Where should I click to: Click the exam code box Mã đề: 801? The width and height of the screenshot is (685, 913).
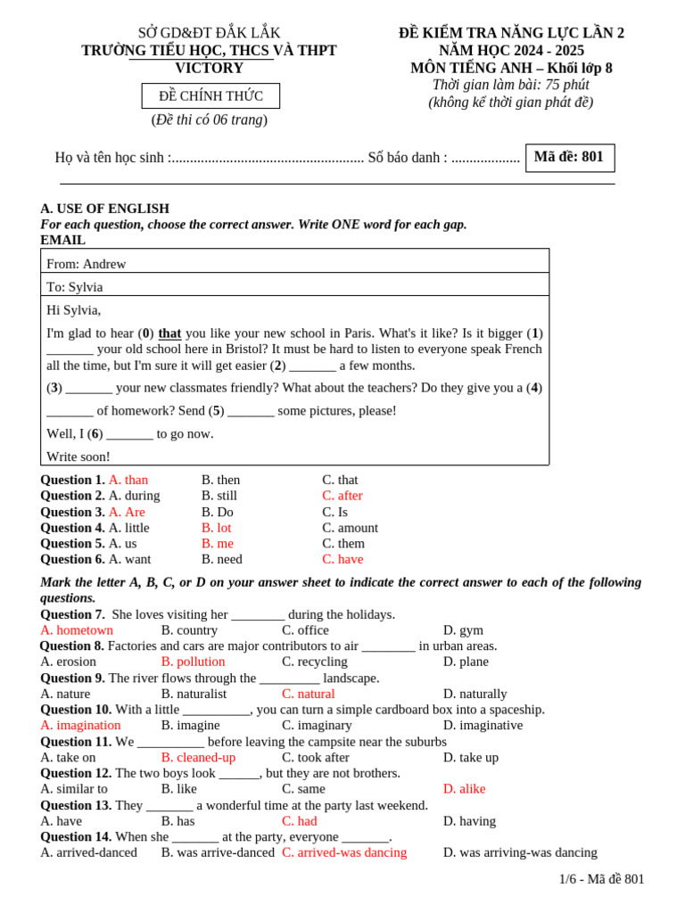[569, 157]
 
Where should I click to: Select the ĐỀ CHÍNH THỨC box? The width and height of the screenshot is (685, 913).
[210, 96]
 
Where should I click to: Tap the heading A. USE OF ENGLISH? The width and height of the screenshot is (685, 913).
[104, 209]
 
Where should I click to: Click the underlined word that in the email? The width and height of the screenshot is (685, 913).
[169, 333]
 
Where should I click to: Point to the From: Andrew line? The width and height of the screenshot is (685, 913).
[87, 264]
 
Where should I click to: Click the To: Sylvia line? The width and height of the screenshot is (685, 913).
[75, 287]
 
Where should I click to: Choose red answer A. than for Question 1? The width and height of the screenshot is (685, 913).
[128, 480]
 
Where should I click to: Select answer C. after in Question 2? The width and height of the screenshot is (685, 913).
[342, 496]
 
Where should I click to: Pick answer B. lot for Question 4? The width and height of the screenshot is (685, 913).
[216, 528]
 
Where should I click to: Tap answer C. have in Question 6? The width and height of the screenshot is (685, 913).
[342, 559]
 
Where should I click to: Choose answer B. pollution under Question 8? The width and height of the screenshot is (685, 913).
[193, 662]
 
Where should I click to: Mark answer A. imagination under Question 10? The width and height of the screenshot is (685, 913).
[80, 725]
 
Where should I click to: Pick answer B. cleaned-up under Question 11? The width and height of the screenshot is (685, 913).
[198, 757]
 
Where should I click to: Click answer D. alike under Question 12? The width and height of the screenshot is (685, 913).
[464, 789]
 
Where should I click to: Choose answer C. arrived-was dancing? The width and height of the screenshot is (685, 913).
[344, 852]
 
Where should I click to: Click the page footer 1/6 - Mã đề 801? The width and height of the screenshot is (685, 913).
[601, 879]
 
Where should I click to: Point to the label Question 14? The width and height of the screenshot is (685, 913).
[76, 836]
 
